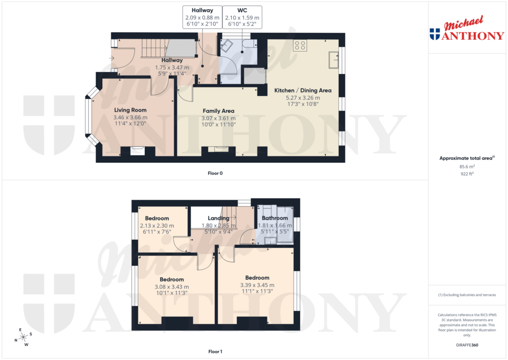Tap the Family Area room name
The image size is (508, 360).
tap(218, 111)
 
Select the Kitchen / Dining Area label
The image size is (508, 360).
tap(303, 90)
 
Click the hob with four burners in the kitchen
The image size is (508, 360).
tap(300, 46)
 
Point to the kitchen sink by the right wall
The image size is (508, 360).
tap(333, 60)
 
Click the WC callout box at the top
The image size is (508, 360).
tap(243, 17)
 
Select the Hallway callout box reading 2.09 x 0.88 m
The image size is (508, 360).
tap(202, 17)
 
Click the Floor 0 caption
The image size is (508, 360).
tap(215, 173)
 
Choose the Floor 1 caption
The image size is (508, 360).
tap(215, 352)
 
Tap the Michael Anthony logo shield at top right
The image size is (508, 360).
tap(435, 34)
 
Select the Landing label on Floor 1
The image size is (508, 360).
tap(218, 218)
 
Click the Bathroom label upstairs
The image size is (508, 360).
tap(275, 218)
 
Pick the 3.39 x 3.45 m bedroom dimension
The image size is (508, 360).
tap(257, 285)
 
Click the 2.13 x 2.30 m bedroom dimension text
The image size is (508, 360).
tap(157, 225)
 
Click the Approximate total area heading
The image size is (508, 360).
tap(467, 158)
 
